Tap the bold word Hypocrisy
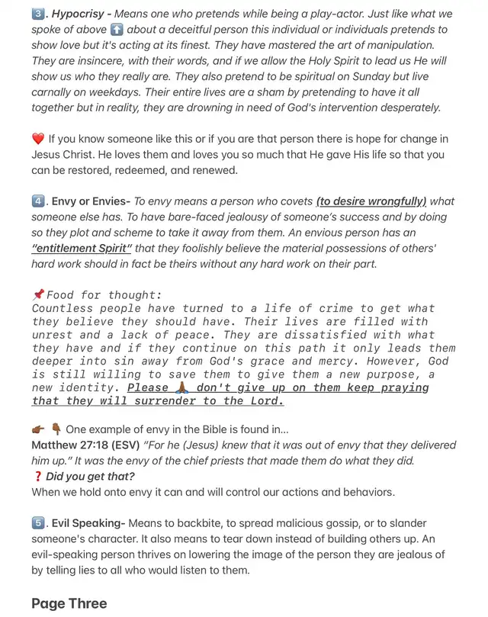pos(79,14)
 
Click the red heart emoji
pos(38,139)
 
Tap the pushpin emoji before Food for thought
pos(38,294)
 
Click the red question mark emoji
pos(37,477)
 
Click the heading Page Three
pos(69,603)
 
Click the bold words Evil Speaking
pos(89,523)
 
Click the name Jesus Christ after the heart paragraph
pos(65,155)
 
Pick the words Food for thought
pos(104,295)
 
